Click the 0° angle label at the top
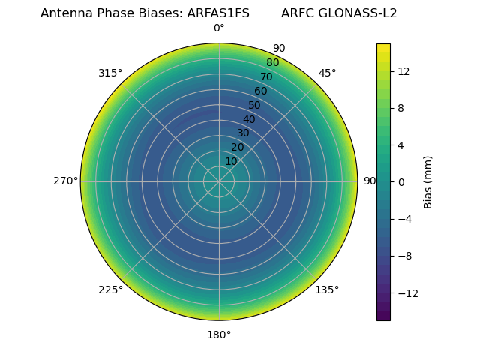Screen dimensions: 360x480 (219, 28)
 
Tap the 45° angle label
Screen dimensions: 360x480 (327, 73)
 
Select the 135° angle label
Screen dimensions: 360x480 (327, 289)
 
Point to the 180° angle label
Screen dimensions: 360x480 (219, 334)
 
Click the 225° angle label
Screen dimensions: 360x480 (110, 289)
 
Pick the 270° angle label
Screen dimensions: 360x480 (65, 181)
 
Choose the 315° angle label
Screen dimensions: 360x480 (110, 73)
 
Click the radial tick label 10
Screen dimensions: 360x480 (231, 161)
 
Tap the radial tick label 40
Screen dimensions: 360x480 (249, 119)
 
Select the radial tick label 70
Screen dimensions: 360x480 (266, 76)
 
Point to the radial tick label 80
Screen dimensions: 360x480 (272, 62)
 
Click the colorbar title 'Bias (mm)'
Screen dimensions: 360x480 (428, 181)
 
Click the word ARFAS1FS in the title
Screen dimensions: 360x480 (218, 13)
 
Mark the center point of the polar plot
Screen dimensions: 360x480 (219, 181)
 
